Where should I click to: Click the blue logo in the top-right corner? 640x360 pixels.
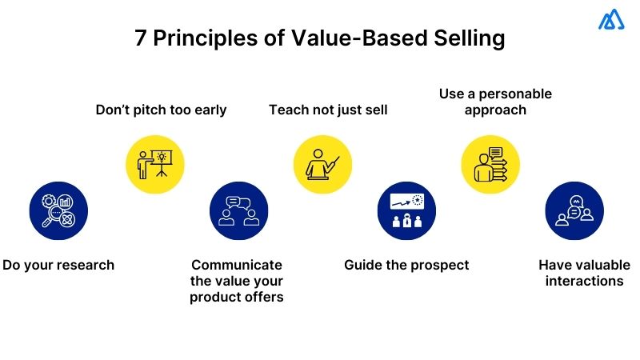click(611, 19)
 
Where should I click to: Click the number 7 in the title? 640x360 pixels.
click(142, 39)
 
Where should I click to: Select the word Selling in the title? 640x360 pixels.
click(464, 39)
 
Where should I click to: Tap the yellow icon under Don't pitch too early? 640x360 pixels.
click(155, 164)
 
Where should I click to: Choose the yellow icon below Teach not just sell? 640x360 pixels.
click(323, 164)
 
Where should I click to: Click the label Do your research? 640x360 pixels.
click(58, 265)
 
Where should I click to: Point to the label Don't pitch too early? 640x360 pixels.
click(161, 110)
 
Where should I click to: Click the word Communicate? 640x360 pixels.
click(236, 265)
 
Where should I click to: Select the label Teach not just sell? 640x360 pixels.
click(328, 110)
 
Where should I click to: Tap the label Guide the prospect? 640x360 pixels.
click(406, 265)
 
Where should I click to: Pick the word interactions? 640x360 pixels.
click(584, 281)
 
